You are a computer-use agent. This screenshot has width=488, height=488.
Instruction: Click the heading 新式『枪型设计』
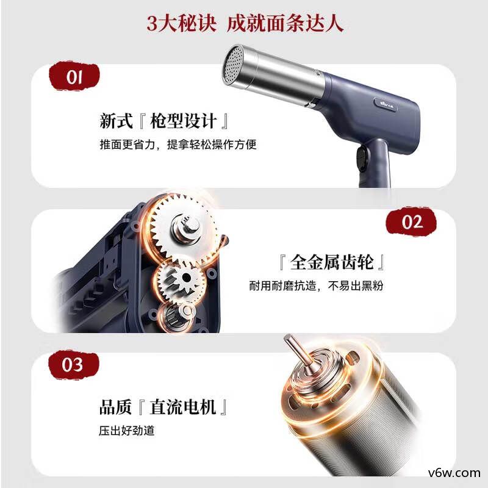coord(165,120)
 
